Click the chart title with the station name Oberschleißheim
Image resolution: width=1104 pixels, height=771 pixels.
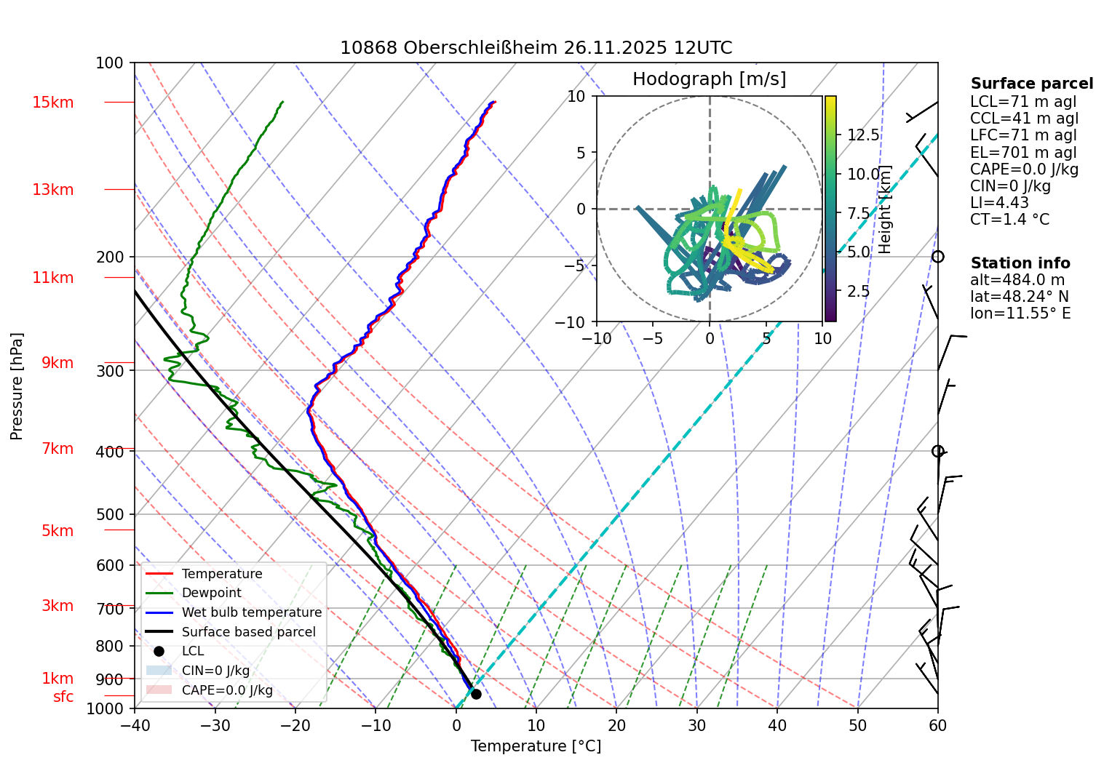(536, 48)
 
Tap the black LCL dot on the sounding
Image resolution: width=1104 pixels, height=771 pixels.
(476, 694)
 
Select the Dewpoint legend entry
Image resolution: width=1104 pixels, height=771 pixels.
(211, 593)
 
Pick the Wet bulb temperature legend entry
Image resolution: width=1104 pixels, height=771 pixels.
(251, 612)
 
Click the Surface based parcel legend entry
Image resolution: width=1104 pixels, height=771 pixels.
(248, 632)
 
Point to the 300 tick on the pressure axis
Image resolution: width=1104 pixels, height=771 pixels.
(110, 371)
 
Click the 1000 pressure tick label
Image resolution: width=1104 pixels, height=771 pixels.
(106, 708)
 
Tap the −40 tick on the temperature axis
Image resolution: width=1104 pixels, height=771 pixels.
(135, 725)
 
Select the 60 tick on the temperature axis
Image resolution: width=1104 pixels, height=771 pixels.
(937, 725)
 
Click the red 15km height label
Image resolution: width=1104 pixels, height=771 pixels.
(52, 103)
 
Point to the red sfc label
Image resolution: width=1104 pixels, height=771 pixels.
(63, 697)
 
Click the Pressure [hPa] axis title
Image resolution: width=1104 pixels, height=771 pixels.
(17, 386)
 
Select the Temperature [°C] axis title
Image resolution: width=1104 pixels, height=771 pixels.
(536, 746)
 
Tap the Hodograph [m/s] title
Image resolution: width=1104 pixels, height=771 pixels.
(709, 79)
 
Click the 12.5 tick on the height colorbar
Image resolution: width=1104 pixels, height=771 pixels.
(863, 135)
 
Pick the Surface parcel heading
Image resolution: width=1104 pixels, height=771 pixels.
(1031, 84)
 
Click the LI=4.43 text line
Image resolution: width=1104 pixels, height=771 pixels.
(999, 203)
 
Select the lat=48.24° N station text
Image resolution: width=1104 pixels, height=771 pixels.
(1019, 297)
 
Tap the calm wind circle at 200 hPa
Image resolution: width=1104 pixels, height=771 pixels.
(938, 257)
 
